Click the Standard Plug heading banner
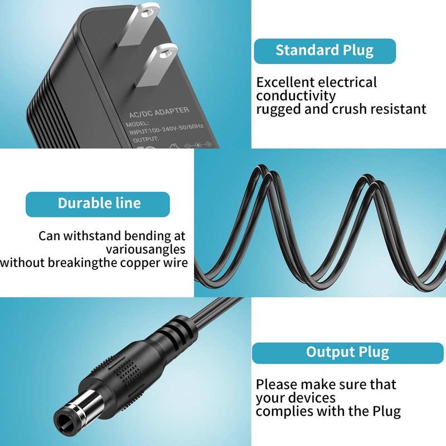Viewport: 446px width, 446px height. click(324, 51)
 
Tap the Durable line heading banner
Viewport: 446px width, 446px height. click(98, 203)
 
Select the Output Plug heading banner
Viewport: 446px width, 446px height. click(347, 352)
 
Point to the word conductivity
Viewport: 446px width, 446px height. click(296, 96)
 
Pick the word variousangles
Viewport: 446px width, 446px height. click(146, 249)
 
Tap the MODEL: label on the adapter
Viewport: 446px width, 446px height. click(138, 123)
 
